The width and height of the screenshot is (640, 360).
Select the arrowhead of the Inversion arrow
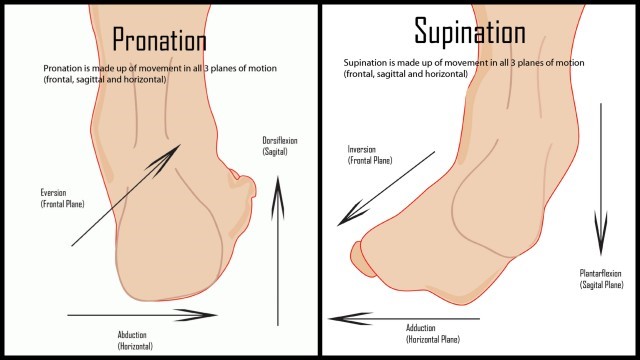[x=346, y=216]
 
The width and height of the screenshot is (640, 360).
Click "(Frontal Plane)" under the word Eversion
[x=62, y=204]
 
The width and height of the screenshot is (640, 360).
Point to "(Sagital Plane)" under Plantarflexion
[x=601, y=284]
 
